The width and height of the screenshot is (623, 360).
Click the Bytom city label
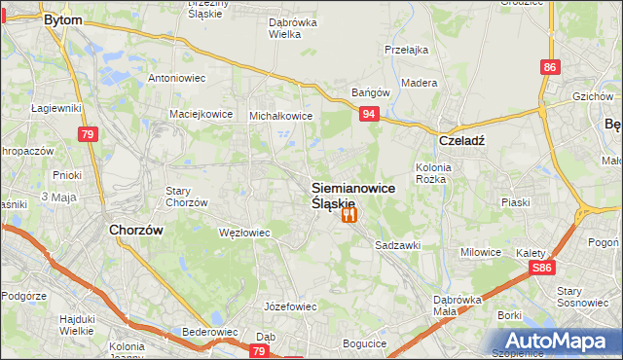tap(64, 19)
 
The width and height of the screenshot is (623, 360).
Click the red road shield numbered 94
tap(368, 115)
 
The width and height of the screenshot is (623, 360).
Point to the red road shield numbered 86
tap(551, 67)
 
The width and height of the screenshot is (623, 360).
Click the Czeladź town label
tap(461, 139)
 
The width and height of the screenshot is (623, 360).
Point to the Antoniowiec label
tap(176, 78)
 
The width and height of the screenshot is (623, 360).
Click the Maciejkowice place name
tap(202, 114)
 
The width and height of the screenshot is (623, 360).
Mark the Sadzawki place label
tap(398, 246)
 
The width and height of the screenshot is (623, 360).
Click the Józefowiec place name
tap(292, 306)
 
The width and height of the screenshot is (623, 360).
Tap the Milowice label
tap(481, 252)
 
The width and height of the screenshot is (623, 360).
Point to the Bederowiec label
tap(210, 332)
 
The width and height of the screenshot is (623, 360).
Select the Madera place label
tap(419, 83)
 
